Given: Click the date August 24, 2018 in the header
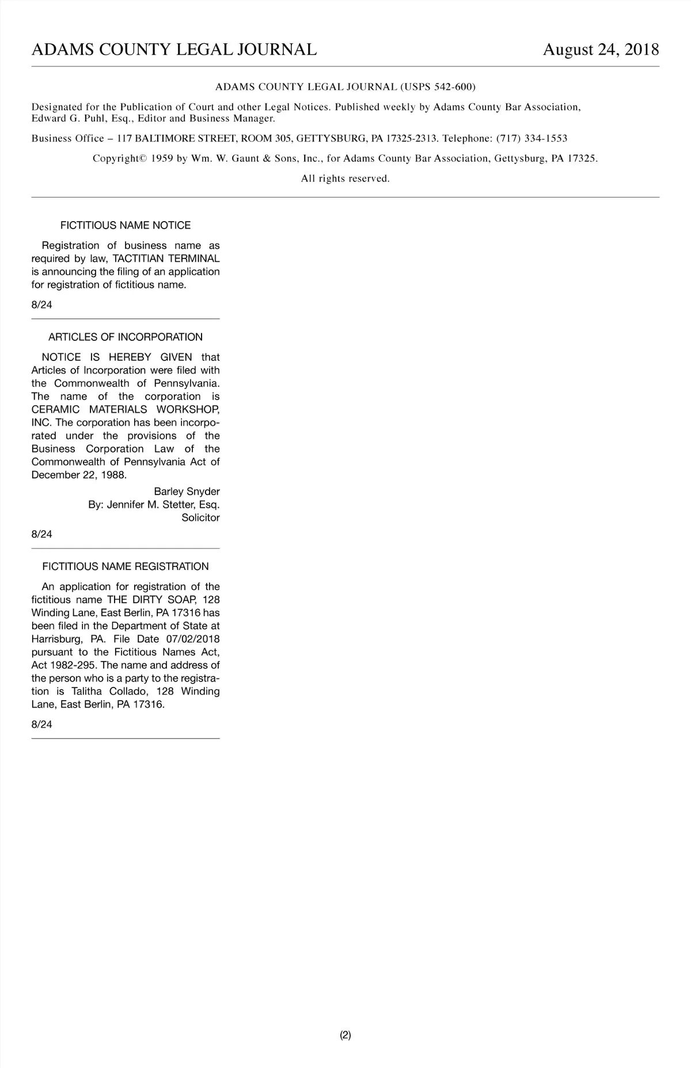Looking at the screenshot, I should click(601, 50).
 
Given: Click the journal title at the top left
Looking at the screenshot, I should click(174, 50).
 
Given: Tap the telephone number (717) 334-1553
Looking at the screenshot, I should click(531, 138).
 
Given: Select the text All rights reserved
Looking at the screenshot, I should click(345, 178).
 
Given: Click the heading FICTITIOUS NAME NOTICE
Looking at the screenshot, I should click(126, 225).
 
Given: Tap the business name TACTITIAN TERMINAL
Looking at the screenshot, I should click(166, 259).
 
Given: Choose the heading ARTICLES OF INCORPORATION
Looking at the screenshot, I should click(126, 337).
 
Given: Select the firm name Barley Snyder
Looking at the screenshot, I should click(187, 492).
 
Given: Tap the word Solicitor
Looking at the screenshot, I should click(200, 518).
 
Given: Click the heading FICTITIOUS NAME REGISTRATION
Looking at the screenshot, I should click(126, 567).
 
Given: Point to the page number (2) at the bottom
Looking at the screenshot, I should click(345, 1035).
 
